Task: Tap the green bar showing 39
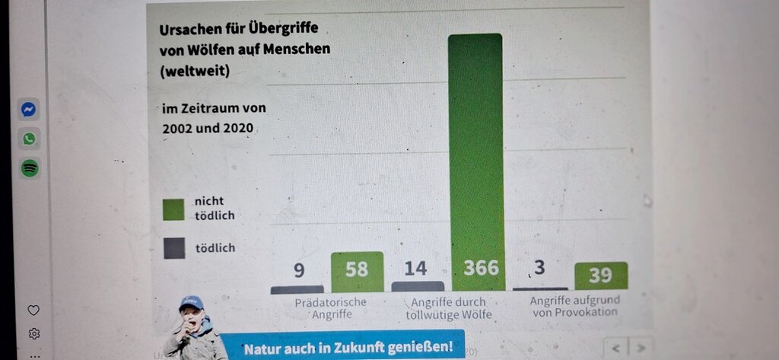tap(600, 276)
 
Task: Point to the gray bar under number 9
tap(297, 289)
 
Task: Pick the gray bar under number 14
tap(418, 286)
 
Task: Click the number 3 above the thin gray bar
tap(539, 269)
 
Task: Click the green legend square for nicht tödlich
tap(173, 209)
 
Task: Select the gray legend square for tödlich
tap(173, 248)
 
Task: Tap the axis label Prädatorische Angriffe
tap(330, 307)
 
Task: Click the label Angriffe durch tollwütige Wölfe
tap(449, 308)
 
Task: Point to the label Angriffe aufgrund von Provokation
tap(574, 306)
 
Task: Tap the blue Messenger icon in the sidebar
tap(29, 110)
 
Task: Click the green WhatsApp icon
tap(29, 139)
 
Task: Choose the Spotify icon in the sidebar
tap(29, 168)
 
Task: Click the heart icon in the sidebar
tap(33, 311)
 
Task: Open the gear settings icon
tap(33, 333)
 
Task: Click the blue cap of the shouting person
tap(192, 302)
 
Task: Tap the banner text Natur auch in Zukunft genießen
tap(348, 348)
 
